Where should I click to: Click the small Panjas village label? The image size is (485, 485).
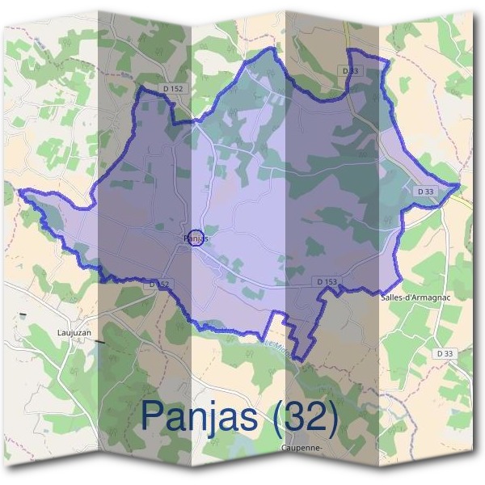[197, 238]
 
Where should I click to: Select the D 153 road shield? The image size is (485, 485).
[327, 280]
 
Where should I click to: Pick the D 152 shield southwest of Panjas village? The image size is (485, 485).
[158, 285]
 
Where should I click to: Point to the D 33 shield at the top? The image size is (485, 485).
[350, 71]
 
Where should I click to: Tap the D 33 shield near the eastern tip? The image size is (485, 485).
[424, 191]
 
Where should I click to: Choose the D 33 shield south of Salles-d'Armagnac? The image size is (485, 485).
[444, 353]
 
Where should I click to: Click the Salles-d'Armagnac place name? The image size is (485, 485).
[413, 297]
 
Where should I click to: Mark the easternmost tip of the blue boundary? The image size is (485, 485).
[461, 185]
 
